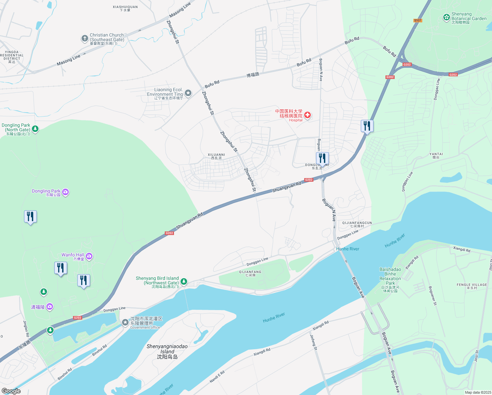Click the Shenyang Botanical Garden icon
point(446,17)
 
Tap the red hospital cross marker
point(307,115)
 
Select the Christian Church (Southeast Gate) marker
point(85,39)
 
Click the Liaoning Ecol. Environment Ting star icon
point(188,93)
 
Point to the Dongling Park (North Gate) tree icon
point(35,129)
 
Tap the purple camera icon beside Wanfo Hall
point(89,256)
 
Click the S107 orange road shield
point(418,20)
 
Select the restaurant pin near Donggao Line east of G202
point(367,126)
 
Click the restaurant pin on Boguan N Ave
point(322,158)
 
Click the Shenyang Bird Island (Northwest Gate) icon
point(184,281)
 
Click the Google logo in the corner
point(11,391)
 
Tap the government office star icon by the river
point(125,322)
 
